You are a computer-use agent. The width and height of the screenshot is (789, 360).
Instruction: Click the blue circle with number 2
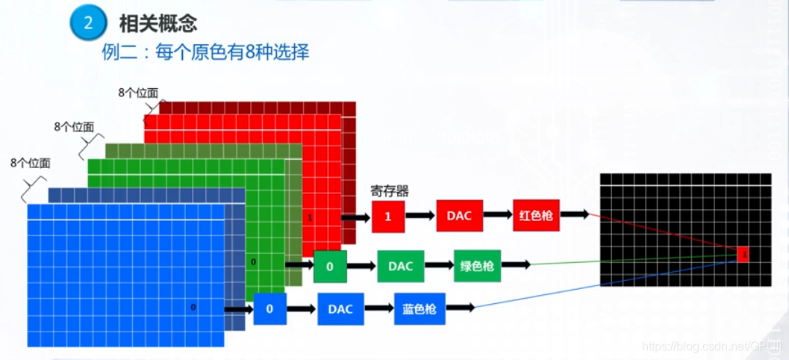[88, 22]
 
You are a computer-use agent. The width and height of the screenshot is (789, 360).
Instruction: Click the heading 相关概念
[158, 23]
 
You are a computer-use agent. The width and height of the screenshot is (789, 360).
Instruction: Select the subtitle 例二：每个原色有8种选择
[205, 52]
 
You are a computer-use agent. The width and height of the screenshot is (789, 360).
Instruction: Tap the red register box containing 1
[387, 216]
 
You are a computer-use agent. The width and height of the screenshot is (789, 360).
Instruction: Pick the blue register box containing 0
[270, 308]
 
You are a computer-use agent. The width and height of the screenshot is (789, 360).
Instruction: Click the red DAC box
[460, 215]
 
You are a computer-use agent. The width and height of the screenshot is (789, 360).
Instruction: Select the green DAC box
[401, 266]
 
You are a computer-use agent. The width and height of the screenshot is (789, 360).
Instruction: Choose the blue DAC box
[340, 308]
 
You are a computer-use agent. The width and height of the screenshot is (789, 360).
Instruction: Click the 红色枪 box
[535, 215]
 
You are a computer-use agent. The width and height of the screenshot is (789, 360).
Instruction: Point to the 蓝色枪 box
[420, 308]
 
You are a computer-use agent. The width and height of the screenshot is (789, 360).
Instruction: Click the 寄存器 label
[390, 190]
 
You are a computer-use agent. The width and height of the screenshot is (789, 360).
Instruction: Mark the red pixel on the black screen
[743, 254]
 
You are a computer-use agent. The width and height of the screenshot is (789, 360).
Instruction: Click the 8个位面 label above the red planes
[138, 93]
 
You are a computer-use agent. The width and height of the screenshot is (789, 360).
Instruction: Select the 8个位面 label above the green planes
[74, 127]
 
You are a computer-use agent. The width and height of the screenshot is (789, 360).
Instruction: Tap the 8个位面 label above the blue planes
[31, 163]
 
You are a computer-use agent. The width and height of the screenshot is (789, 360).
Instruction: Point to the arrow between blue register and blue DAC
[302, 308]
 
